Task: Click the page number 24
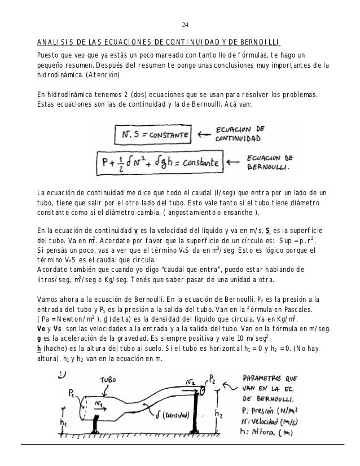(185, 25)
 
